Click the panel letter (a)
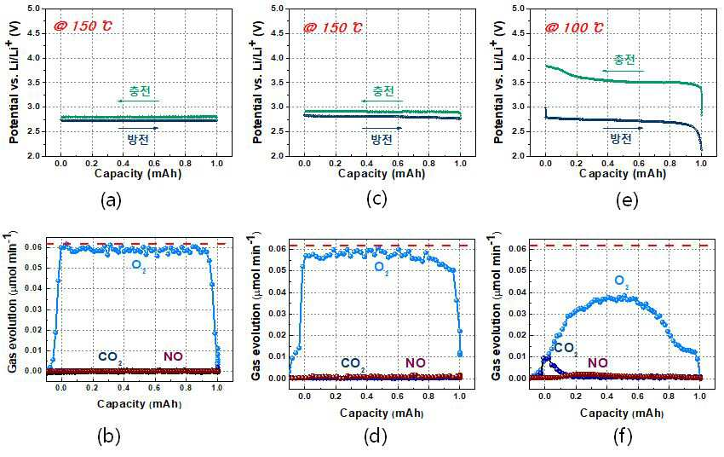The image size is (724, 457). [111, 200]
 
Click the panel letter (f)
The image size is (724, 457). [623, 436]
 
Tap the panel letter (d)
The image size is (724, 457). [376, 436]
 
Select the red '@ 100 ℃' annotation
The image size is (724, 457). [573, 28]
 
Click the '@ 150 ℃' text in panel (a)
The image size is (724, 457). [83, 26]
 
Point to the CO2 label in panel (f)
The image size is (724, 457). [566, 349]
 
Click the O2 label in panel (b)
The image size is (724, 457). [138, 266]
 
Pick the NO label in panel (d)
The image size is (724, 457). [416, 363]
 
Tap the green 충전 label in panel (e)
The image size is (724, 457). [624, 60]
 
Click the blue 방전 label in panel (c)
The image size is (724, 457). [382, 139]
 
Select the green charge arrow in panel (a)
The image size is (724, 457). [138, 101]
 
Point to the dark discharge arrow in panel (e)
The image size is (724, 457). [623, 128]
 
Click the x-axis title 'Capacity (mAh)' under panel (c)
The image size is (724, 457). [382, 174]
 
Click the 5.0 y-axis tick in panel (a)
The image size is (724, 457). [33, 9]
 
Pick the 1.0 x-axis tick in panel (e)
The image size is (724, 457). [701, 163]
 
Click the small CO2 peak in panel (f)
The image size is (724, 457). [546, 357]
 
